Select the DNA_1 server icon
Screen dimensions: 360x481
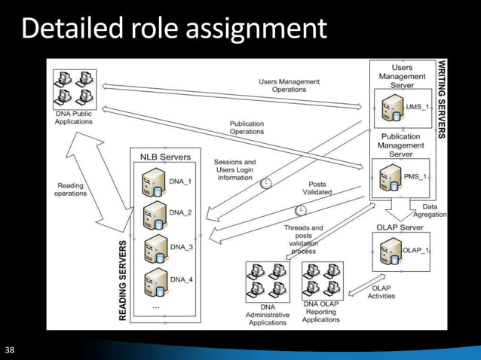click(x=155, y=182)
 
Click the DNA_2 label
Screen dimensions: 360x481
click(x=181, y=213)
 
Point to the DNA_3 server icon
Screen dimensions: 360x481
click(x=155, y=248)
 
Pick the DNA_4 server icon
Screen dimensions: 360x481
click(x=155, y=281)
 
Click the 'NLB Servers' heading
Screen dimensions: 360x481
click(x=165, y=157)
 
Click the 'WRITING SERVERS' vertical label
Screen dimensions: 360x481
click(x=443, y=98)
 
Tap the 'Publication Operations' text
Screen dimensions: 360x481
click(x=247, y=127)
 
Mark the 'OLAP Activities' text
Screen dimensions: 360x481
click(x=381, y=291)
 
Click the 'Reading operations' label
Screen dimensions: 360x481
click(x=70, y=189)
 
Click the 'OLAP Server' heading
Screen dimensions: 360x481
click(x=400, y=227)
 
